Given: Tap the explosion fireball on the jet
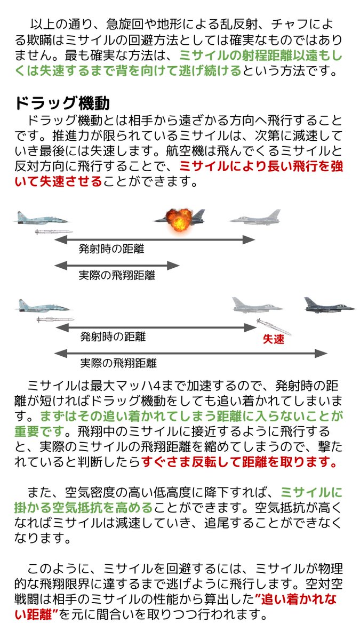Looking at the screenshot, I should click(175, 218).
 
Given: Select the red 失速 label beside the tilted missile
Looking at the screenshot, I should click(273, 339).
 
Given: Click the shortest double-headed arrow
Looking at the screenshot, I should click(117, 265).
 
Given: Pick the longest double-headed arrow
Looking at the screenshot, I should click(190, 353).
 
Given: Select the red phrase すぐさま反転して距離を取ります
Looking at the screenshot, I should click(239, 462).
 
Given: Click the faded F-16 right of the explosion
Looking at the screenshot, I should click(255, 217).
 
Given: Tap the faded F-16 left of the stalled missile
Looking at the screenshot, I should click(257, 305).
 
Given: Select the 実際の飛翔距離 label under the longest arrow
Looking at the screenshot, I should click(118, 364).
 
